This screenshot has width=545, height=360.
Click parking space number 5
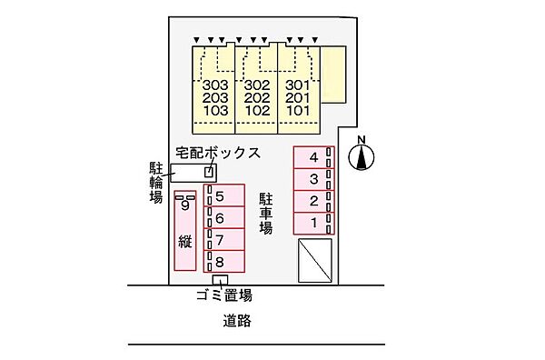(x=220, y=196)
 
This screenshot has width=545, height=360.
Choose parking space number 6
(x=220, y=218)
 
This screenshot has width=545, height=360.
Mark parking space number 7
(x=220, y=240)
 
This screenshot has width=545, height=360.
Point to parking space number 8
(x=220, y=262)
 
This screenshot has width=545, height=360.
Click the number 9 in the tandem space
(x=184, y=206)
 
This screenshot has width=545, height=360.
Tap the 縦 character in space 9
(x=184, y=243)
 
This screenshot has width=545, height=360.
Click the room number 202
(x=258, y=99)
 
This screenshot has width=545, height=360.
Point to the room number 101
(x=298, y=111)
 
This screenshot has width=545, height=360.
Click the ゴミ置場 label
(x=223, y=295)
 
